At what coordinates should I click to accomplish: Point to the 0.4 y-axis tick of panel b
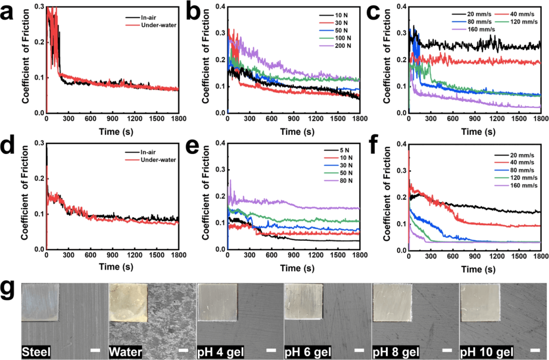(220, 7)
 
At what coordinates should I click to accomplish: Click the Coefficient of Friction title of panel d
(24, 197)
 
